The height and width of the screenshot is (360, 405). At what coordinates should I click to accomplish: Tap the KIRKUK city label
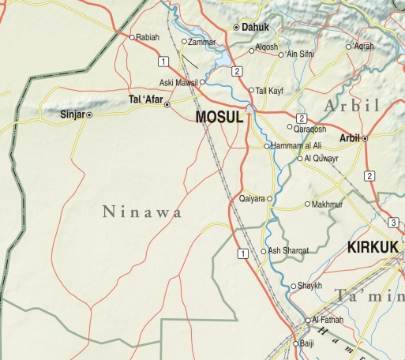tap(372, 247)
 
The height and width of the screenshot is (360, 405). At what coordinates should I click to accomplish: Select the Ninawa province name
tap(143, 212)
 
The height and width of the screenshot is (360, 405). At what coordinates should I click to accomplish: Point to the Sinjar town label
tap(72, 114)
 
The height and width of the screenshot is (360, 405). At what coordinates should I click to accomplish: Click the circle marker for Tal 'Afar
tap(167, 104)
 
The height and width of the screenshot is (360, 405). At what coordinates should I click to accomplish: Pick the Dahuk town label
tap(255, 27)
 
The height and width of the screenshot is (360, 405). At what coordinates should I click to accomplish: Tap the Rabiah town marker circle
tap(132, 36)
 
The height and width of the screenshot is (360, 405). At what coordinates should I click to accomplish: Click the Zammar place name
tap(202, 41)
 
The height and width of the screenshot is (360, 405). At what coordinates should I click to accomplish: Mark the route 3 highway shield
tap(394, 222)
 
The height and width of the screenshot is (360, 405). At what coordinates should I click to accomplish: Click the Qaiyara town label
tap(253, 199)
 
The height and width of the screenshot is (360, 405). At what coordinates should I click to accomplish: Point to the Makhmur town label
tap(329, 204)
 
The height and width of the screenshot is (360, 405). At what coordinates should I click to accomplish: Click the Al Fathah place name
tap(326, 320)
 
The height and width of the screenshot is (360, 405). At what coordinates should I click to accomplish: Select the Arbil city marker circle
tap(365, 139)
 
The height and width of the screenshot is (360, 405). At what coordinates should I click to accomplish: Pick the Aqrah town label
tap(364, 47)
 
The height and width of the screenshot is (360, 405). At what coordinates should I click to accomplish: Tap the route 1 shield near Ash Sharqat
tap(242, 253)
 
